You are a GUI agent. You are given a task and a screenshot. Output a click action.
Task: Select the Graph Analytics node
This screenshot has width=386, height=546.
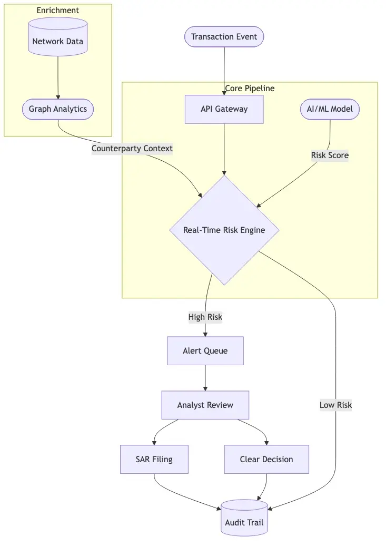coord(58,110)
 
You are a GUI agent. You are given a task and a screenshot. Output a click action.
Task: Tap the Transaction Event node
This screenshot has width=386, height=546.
coord(224,37)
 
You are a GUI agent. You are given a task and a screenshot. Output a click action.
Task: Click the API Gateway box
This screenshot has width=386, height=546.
coord(224,110)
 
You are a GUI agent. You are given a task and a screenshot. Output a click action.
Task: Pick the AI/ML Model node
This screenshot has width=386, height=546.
coord(330,110)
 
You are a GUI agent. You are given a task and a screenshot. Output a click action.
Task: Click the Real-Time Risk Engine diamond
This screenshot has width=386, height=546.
coord(224,230)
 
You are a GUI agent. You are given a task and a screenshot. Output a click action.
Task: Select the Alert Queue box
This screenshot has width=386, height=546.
coord(205,351)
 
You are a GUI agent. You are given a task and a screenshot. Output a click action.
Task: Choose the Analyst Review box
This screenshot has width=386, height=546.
coord(205,405)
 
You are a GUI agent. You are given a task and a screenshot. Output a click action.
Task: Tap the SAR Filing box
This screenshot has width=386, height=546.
coord(154,459)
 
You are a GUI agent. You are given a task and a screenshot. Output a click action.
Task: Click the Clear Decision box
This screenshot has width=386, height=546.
coord(266,459)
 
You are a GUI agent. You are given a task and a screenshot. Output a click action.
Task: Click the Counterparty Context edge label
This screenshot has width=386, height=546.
coord(132,149)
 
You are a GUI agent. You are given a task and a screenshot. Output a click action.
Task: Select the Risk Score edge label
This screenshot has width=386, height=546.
coord(330,155)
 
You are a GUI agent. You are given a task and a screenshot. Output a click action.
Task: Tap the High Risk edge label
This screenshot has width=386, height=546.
coord(205,317)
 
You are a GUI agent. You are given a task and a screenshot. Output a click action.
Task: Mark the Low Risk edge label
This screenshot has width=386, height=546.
coord(335,405)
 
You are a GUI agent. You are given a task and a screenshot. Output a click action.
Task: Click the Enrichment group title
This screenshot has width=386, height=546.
coord(58,11)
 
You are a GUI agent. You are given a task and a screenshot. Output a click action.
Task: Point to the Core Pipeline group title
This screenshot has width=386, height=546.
coord(250,89)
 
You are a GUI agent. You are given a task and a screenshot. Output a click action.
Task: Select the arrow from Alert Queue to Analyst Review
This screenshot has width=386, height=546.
coord(205,378)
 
